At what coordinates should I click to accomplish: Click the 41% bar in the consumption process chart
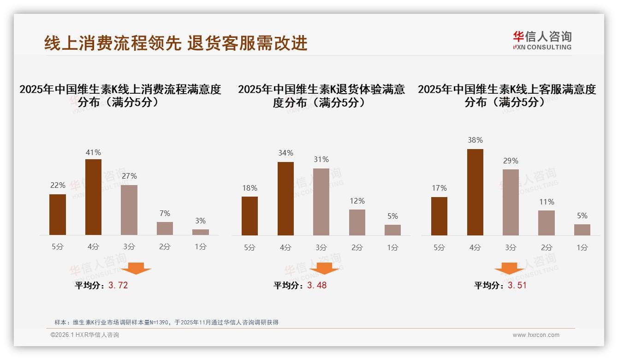(x=93, y=197)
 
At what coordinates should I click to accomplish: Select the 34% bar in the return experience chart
(x=285, y=198)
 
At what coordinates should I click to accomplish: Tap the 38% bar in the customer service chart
(x=475, y=192)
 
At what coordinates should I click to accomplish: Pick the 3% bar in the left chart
(x=201, y=232)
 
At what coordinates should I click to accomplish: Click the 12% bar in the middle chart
(x=357, y=222)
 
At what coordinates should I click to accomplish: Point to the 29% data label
(x=511, y=161)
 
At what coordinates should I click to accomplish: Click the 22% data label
(x=58, y=185)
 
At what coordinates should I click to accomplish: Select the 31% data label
(x=321, y=159)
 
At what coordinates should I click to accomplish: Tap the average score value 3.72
(x=118, y=285)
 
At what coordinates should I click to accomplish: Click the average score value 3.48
(x=317, y=285)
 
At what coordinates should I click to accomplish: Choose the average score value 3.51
(x=517, y=285)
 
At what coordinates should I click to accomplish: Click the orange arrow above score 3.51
(x=509, y=269)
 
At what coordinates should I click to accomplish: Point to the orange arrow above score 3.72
(x=136, y=268)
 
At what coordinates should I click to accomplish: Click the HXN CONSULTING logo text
(x=542, y=47)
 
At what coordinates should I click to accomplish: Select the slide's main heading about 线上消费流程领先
(x=176, y=43)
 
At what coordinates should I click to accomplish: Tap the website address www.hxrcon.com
(x=536, y=335)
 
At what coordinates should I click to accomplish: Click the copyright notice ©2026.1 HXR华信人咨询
(x=85, y=335)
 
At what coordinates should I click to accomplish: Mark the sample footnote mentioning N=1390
(x=166, y=322)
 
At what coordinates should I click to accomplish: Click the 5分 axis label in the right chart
(x=439, y=247)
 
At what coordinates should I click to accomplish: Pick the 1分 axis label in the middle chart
(x=392, y=247)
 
